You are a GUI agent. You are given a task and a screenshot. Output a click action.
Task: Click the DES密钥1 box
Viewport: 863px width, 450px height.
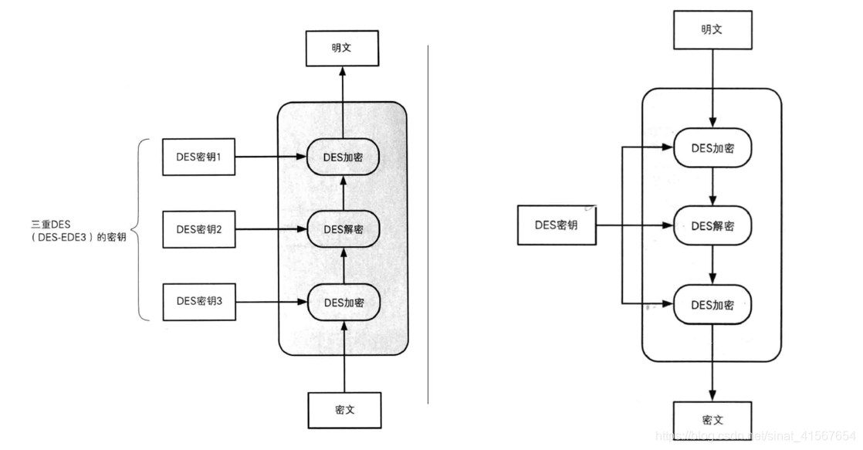(198, 156)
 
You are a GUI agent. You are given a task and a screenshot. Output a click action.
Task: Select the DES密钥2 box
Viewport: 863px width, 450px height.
(198, 229)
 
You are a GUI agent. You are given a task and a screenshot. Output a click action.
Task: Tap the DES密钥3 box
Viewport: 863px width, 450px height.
(198, 301)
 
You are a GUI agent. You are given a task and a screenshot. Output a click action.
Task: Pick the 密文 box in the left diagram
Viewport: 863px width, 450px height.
(344, 410)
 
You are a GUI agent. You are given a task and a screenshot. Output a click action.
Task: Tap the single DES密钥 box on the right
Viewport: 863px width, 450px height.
(556, 225)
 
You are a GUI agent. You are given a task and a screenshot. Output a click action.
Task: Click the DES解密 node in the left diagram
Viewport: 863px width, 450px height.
(344, 229)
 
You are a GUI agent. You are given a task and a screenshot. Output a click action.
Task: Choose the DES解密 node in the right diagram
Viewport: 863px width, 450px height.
(712, 225)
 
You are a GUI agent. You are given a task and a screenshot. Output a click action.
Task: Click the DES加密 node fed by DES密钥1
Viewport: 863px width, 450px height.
(344, 156)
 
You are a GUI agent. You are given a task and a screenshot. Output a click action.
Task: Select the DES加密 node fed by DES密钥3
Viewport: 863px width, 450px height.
(344, 302)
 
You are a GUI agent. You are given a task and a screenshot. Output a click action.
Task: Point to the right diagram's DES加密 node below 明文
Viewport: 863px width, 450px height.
(712, 147)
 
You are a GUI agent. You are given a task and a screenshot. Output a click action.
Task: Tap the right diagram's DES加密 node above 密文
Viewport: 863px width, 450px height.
(712, 305)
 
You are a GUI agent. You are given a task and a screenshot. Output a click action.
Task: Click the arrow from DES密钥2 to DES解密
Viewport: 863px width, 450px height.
(270, 229)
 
